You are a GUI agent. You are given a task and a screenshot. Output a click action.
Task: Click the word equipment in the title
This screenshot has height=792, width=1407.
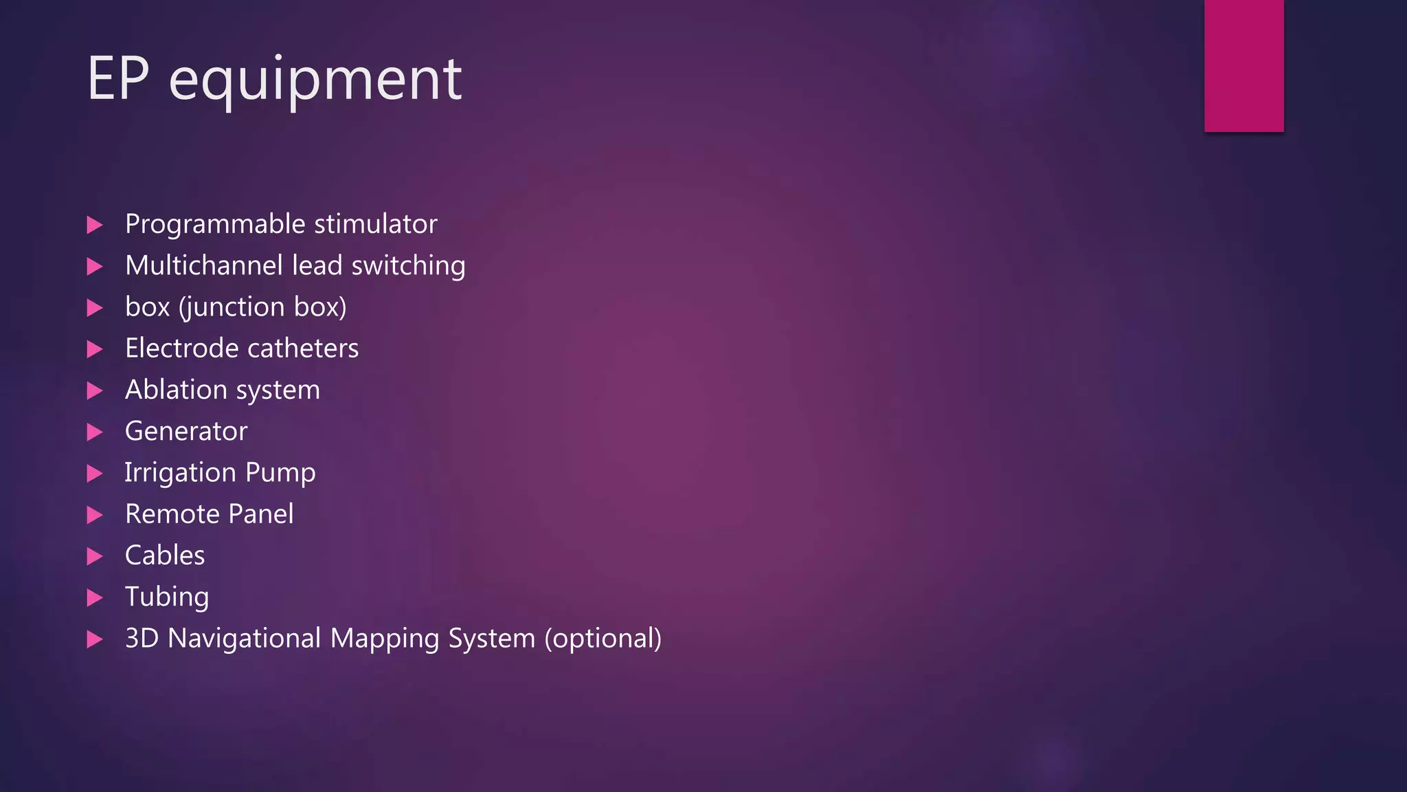coord(315,81)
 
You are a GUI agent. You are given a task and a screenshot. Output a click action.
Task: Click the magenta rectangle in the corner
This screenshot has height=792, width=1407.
coord(1243,65)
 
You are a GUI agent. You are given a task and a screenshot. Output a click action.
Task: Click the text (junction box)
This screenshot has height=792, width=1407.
coord(262,307)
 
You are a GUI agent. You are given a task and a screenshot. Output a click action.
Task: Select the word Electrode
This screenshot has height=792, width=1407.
coord(181,348)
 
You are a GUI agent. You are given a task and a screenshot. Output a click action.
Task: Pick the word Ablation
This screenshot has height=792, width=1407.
coord(176,390)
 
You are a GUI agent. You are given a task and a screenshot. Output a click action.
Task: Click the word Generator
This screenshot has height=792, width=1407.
coord(186,431)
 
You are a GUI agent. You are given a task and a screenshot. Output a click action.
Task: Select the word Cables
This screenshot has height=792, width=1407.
coord(165,555)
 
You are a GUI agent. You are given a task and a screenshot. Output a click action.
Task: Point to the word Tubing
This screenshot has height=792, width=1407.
coord(167,597)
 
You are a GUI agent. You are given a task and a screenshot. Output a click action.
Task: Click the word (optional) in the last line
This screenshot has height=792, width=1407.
coord(603,639)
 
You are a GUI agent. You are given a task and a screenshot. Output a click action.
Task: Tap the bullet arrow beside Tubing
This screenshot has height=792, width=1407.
coord(95,597)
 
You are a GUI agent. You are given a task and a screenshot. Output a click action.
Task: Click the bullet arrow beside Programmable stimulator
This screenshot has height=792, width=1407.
coord(95,225)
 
